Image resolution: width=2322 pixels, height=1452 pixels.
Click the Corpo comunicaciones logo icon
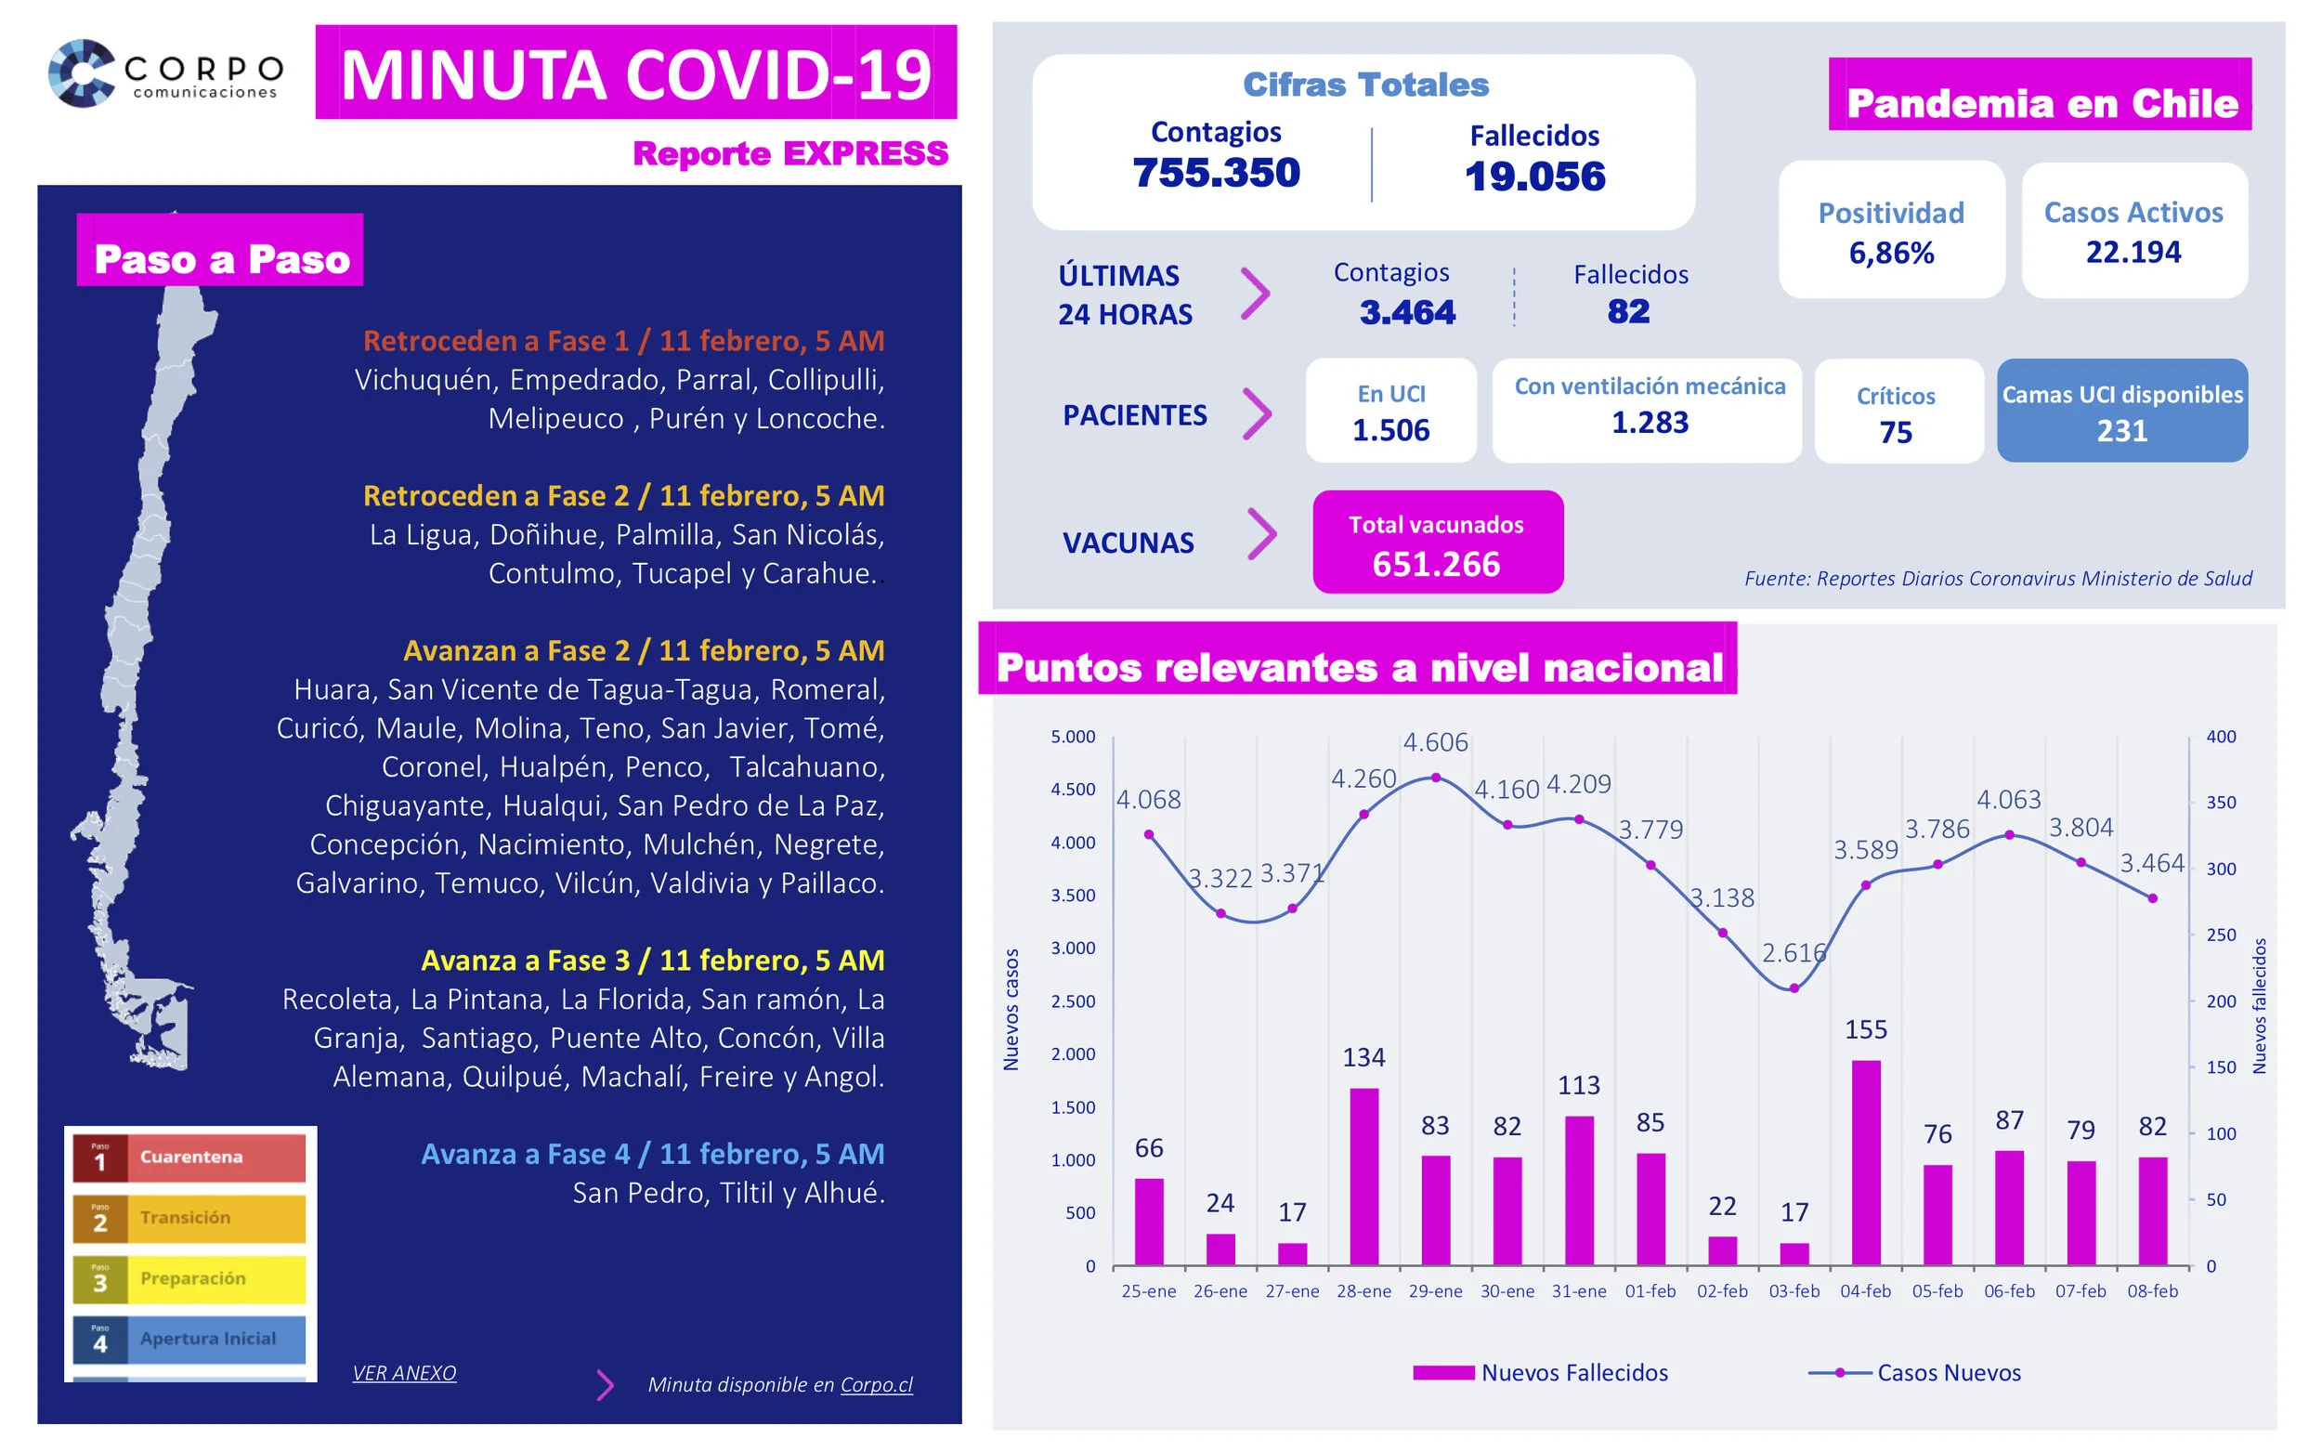[x=82, y=73]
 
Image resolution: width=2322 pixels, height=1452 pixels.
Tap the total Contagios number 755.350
[x=1215, y=173]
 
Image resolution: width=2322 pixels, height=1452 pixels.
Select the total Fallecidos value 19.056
[x=1534, y=177]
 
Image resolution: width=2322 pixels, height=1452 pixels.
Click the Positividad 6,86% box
[x=1890, y=230]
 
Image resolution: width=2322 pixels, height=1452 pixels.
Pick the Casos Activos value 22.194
[x=2132, y=252]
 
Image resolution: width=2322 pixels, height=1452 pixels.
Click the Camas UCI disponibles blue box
[x=2121, y=411]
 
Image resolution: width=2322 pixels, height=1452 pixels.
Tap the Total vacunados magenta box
[x=1437, y=543]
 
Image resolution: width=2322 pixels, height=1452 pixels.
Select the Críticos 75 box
[x=1896, y=413]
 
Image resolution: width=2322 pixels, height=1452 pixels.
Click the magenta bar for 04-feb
[x=1865, y=1162]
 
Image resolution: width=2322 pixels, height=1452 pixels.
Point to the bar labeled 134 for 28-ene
[x=1363, y=1176]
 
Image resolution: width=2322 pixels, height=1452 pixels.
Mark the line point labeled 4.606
[x=1435, y=778]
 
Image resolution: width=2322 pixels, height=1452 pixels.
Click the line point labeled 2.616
[x=1794, y=988]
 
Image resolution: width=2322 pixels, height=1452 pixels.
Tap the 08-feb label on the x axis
[x=2151, y=1291]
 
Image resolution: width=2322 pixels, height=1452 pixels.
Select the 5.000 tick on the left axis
[x=1072, y=738]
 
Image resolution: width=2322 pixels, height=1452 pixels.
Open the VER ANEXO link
[x=404, y=1372]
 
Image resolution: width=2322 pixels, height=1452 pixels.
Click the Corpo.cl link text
[x=877, y=1384]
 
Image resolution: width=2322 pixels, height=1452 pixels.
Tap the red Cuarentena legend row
[x=189, y=1158]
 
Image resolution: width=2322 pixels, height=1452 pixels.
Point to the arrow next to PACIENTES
[x=1257, y=414]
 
